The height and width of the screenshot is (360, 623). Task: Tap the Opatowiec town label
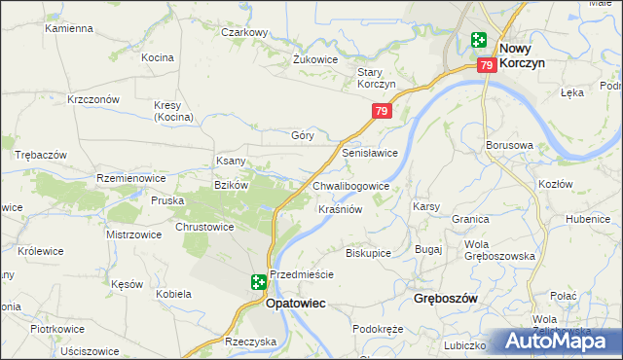pyautogui.click(x=295, y=304)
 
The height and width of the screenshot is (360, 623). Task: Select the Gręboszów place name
pyautogui.click(x=445, y=299)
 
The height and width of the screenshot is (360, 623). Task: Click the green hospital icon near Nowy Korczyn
pyautogui.click(x=478, y=40)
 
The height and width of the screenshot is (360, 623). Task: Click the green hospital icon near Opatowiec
pyautogui.click(x=258, y=282)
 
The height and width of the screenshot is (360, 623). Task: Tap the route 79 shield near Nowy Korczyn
pyautogui.click(x=488, y=65)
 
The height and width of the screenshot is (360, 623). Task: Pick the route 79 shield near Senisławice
pyautogui.click(x=382, y=113)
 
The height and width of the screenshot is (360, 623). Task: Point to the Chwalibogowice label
pyautogui.click(x=351, y=186)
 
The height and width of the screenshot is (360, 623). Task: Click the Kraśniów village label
pyautogui.click(x=341, y=209)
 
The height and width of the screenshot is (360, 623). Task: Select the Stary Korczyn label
pyautogui.click(x=376, y=78)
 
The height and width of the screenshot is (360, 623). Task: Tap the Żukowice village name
pyautogui.click(x=315, y=58)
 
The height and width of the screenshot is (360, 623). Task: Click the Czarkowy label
pyautogui.click(x=244, y=32)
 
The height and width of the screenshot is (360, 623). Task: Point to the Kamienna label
pyautogui.click(x=68, y=28)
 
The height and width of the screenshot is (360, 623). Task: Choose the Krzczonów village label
pyautogui.click(x=93, y=99)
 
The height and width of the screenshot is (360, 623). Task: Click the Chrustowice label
pyautogui.click(x=204, y=227)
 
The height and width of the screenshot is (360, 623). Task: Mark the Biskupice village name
pyautogui.click(x=368, y=253)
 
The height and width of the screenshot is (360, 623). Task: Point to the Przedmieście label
pyautogui.click(x=302, y=274)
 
